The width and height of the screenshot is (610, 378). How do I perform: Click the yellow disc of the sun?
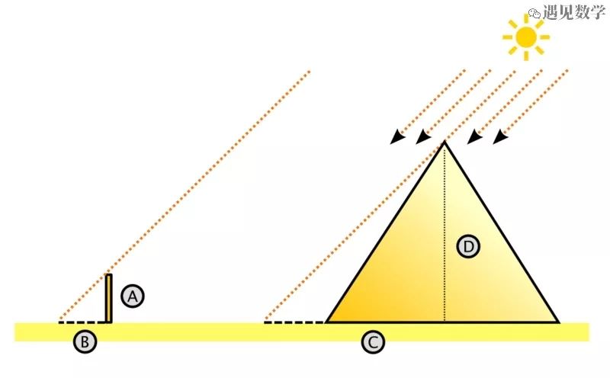525,36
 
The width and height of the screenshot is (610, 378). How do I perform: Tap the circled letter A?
133,296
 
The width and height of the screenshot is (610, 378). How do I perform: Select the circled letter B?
85,343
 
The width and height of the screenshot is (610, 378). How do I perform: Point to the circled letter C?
372,343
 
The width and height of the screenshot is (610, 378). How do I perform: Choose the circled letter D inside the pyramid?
468,246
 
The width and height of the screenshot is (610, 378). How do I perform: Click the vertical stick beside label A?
109,298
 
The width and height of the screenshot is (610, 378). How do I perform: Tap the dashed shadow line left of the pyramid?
294,322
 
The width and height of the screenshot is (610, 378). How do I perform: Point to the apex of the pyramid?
444,142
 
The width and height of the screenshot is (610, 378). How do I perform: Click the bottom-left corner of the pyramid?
326,322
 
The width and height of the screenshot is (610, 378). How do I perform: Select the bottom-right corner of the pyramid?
559,322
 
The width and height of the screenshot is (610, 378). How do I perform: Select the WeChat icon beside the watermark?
535,13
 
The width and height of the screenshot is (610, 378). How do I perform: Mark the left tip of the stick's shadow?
59,322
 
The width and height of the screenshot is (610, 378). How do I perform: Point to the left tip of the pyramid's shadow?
265,322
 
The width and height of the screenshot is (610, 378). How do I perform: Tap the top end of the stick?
109,275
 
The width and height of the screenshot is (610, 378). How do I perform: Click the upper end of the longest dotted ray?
310,72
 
